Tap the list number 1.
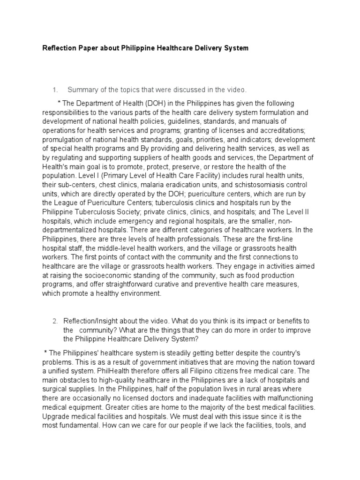[54, 90]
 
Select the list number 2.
[54, 321]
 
